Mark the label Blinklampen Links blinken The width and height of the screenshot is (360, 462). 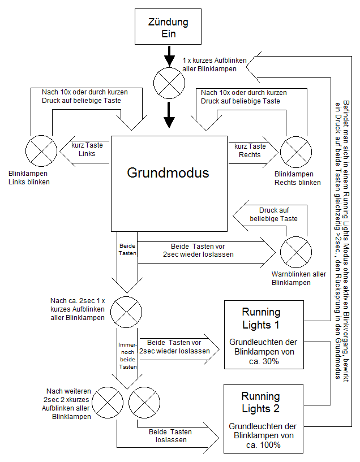(29, 178)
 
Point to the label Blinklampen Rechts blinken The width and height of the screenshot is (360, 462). (297, 179)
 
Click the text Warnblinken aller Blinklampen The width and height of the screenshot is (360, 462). (298, 278)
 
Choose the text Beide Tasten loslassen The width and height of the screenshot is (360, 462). (170, 436)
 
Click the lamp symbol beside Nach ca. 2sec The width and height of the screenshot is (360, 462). (126, 309)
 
